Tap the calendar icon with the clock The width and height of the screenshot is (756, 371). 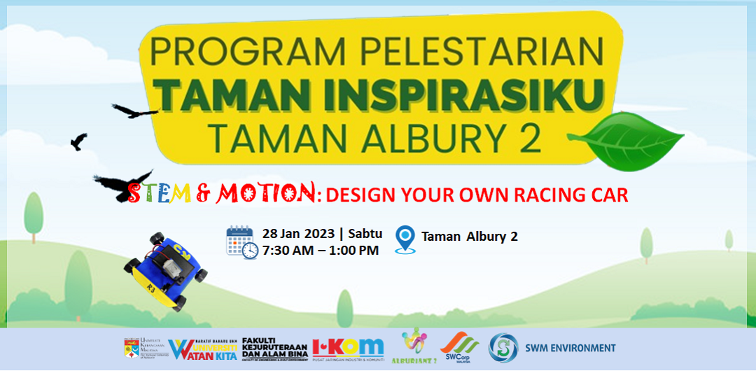click(241, 242)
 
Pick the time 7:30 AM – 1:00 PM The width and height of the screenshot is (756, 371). click(320, 250)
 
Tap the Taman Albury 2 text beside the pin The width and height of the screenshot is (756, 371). click(469, 237)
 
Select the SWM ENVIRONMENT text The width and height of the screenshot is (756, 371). click(570, 348)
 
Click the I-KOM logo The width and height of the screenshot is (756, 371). click(348, 346)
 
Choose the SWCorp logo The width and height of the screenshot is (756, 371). click(459, 345)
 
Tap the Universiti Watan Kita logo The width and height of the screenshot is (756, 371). click(204, 348)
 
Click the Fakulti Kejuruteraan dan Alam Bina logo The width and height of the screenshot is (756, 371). click(274, 347)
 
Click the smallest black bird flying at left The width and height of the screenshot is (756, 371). click(78, 141)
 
